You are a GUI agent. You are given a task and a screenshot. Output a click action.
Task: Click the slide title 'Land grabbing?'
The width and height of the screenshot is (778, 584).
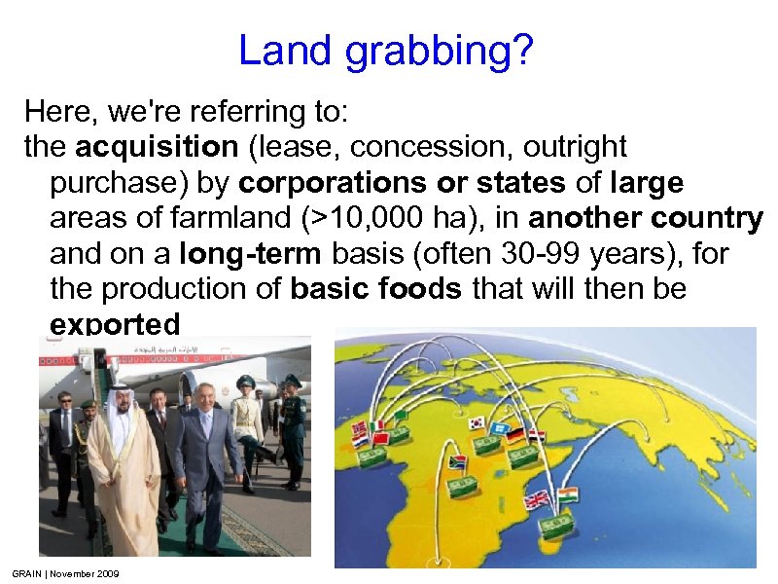(385, 51)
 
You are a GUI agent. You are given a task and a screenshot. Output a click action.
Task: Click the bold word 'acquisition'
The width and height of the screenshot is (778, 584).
(157, 148)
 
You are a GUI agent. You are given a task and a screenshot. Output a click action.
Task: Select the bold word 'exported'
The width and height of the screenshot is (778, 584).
(115, 323)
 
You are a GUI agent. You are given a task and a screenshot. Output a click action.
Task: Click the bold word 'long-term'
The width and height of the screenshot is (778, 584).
(252, 253)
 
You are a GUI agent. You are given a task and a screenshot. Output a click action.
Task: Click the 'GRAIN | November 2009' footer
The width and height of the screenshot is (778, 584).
(65, 574)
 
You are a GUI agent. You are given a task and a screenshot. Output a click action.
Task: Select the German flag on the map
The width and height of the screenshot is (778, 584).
(515, 435)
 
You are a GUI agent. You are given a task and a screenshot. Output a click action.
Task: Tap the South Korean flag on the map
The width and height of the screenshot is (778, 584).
(477, 423)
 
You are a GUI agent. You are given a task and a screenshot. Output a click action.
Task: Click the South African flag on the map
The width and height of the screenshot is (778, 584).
(457, 462)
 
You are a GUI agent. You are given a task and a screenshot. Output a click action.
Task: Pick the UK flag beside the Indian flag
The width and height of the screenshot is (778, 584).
(537, 500)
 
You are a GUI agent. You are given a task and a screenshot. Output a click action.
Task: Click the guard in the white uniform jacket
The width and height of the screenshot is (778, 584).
(247, 414)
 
